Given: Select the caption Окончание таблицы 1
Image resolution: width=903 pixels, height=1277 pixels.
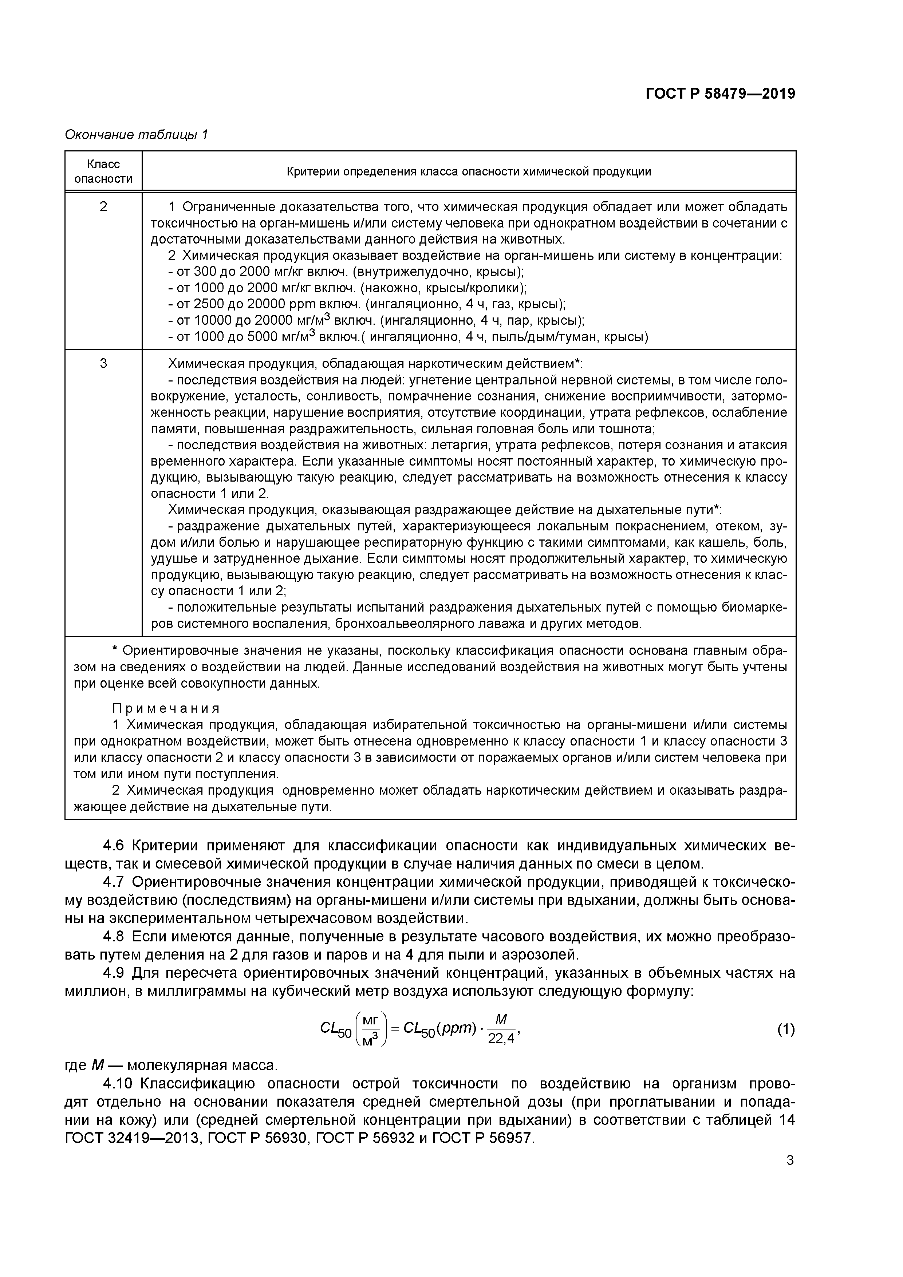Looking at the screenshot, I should [136, 135].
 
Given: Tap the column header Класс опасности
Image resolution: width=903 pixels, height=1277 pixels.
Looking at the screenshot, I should [103, 171].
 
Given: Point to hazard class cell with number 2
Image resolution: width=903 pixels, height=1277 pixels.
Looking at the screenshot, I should [103, 207].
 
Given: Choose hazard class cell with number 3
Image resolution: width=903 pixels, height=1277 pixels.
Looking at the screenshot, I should [103, 364].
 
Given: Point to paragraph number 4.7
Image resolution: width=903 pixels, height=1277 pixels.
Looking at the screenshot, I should [115, 882].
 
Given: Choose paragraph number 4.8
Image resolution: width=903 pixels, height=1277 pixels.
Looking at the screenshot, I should [115, 937].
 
